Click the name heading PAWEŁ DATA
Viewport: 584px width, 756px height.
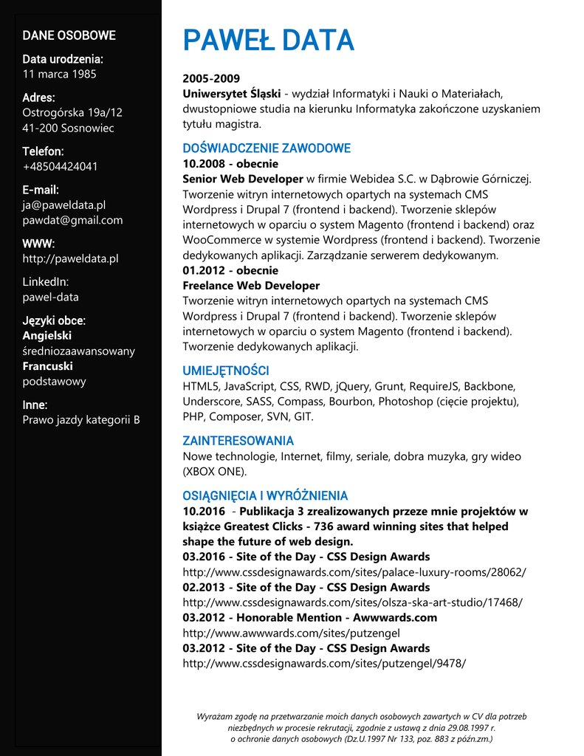269,41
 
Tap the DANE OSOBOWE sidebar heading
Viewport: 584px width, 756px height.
69,35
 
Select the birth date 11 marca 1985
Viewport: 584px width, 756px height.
59,74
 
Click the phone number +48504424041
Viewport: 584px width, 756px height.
60,166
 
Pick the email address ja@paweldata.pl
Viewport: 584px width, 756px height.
63,205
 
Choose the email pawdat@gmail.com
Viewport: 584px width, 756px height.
72,220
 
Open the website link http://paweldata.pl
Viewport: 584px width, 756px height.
70,258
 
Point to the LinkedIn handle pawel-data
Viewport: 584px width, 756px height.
50,297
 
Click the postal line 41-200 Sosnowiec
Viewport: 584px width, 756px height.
68,128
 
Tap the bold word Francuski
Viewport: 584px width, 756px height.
47,366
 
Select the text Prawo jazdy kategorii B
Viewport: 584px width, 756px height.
81,420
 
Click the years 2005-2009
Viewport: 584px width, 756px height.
211,78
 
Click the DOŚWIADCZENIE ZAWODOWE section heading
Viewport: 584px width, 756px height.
267,148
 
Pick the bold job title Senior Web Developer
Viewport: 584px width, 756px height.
243,179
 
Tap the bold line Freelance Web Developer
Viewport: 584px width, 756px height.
251,286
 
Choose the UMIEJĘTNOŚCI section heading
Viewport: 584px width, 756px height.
225,371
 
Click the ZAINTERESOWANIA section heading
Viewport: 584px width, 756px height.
238,441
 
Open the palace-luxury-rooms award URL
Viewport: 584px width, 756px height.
354,572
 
